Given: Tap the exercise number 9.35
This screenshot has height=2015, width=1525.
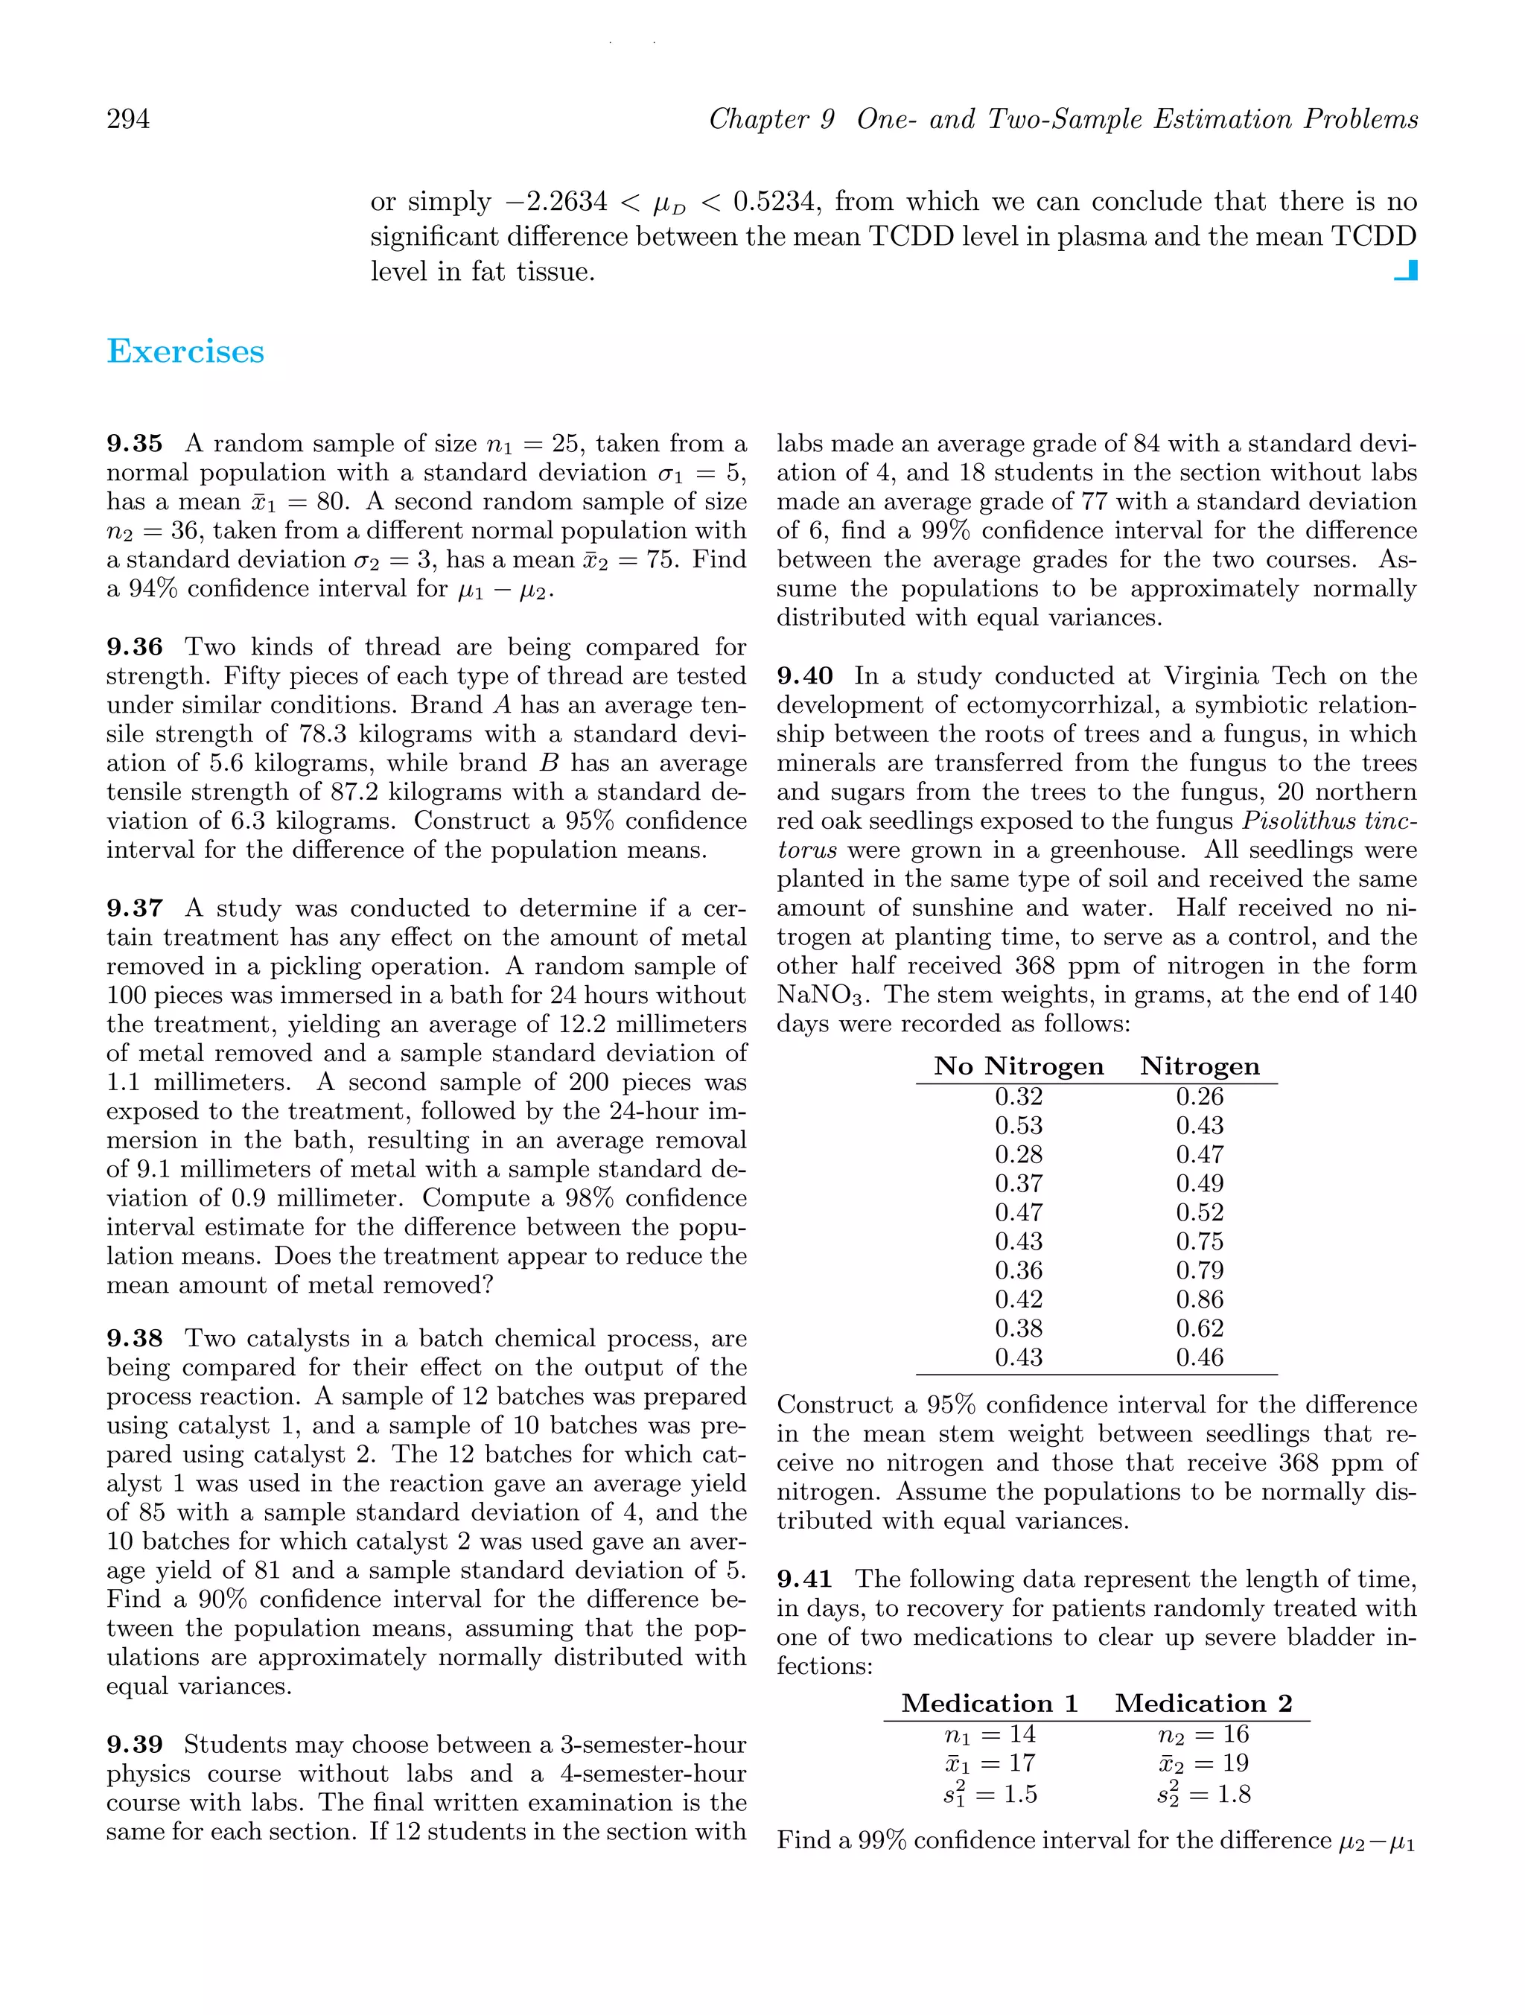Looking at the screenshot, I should click(x=135, y=444).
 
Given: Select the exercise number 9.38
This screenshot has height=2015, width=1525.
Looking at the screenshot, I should click(x=135, y=1338).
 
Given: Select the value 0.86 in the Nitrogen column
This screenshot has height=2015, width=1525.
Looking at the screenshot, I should click(x=1200, y=1299).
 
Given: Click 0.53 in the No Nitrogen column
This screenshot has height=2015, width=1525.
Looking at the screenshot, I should click(x=1019, y=1125).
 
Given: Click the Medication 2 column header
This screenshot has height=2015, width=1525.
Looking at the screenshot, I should click(x=1203, y=1704).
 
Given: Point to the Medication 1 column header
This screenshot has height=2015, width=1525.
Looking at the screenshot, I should click(x=990, y=1704).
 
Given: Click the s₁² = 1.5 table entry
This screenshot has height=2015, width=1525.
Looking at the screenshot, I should click(x=990, y=1794).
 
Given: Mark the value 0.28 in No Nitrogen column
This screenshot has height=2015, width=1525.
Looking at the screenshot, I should click(x=1019, y=1154).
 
